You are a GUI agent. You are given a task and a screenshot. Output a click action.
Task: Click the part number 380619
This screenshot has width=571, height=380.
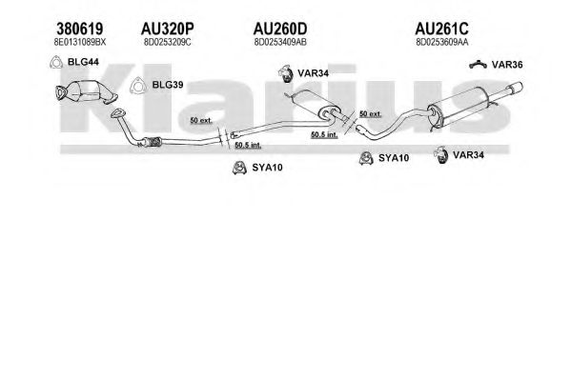(x=80, y=29)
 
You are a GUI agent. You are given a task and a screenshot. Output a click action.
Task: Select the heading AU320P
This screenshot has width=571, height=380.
(x=167, y=29)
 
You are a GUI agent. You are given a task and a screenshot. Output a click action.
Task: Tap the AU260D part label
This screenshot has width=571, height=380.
(x=280, y=29)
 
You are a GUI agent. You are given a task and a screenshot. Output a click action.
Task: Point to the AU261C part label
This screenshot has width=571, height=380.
(x=441, y=29)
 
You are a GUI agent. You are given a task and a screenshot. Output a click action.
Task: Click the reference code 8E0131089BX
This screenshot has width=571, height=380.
(x=80, y=42)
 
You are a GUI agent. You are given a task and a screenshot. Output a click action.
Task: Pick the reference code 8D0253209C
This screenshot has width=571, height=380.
(x=167, y=42)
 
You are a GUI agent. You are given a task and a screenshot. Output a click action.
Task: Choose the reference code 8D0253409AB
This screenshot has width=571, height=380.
(x=280, y=42)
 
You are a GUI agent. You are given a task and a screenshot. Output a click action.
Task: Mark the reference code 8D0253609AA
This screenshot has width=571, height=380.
(x=441, y=42)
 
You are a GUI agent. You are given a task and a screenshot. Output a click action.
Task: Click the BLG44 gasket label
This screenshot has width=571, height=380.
(x=83, y=62)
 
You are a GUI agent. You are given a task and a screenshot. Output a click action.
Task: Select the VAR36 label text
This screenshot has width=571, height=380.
(x=507, y=65)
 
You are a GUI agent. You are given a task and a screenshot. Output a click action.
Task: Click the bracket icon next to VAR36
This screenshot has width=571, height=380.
(x=478, y=65)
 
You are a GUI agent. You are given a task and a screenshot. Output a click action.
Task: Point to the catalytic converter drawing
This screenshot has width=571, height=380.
(x=87, y=91)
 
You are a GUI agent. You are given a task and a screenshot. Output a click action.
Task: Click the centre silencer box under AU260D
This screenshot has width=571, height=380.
(x=314, y=103)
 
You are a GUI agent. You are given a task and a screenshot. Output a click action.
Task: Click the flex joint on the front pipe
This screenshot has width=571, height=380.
(x=153, y=142)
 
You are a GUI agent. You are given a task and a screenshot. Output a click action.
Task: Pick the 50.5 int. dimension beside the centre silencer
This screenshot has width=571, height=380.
(x=324, y=134)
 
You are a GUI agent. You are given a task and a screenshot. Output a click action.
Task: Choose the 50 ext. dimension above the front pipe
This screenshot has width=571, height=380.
(x=201, y=120)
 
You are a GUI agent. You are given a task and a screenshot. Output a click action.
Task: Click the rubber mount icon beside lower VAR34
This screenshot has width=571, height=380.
(x=441, y=155)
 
